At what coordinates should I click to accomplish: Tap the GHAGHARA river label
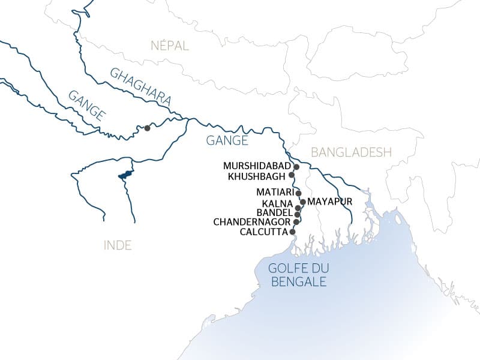(140, 88)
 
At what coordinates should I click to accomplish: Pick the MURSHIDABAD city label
(257, 166)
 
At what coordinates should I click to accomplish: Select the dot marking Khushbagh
(292, 175)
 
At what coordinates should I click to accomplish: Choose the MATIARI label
(275, 192)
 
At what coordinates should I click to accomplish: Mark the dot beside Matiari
(298, 193)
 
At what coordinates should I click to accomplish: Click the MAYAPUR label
(329, 202)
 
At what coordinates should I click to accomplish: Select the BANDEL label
(274, 214)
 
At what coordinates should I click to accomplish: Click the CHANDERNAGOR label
(252, 222)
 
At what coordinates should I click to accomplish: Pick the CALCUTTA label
(263, 232)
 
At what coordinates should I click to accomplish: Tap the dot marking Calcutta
(293, 232)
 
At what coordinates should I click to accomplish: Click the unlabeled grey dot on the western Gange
(146, 127)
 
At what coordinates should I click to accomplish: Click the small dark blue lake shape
(125, 175)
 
